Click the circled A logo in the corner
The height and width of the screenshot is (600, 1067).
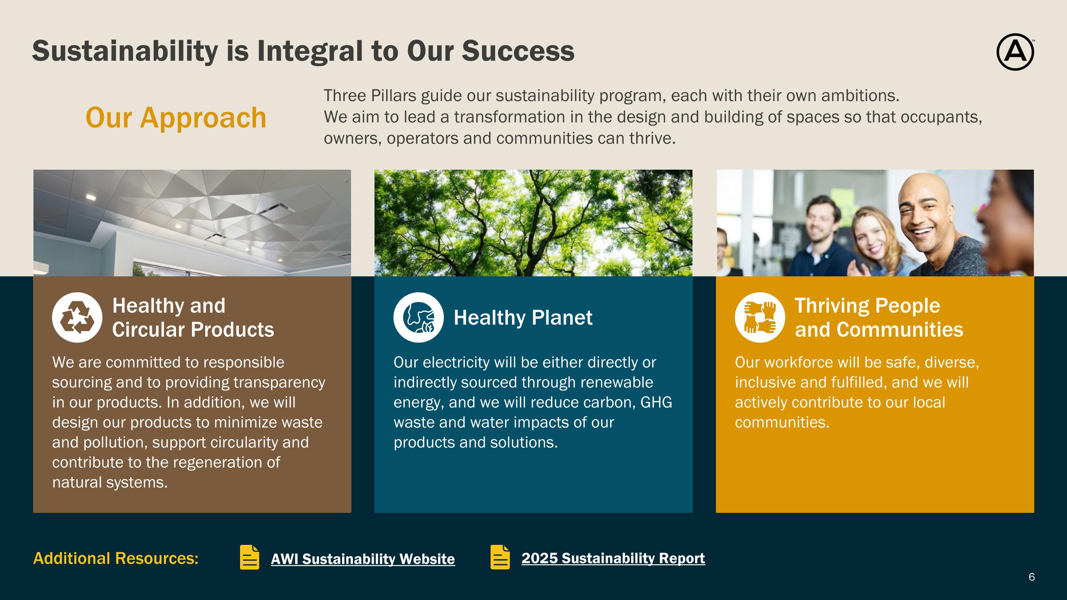1015,52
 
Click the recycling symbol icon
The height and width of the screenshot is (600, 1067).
77,317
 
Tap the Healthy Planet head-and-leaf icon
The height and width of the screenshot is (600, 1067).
418,317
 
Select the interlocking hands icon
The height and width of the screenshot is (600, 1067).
760,317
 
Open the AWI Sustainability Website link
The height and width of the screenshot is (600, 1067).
363,559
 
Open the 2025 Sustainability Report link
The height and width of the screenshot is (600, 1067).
613,558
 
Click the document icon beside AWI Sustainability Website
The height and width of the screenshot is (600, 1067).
250,557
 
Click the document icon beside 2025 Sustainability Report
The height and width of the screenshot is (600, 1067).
500,557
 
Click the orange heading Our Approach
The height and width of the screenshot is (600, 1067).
176,118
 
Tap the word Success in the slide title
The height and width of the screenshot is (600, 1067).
518,51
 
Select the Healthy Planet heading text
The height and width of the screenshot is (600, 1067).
523,318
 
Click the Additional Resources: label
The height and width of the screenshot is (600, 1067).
116,558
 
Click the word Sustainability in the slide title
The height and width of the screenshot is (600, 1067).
125,51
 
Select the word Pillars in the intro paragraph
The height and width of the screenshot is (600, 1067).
393,96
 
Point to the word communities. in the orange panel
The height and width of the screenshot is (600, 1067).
782,423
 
